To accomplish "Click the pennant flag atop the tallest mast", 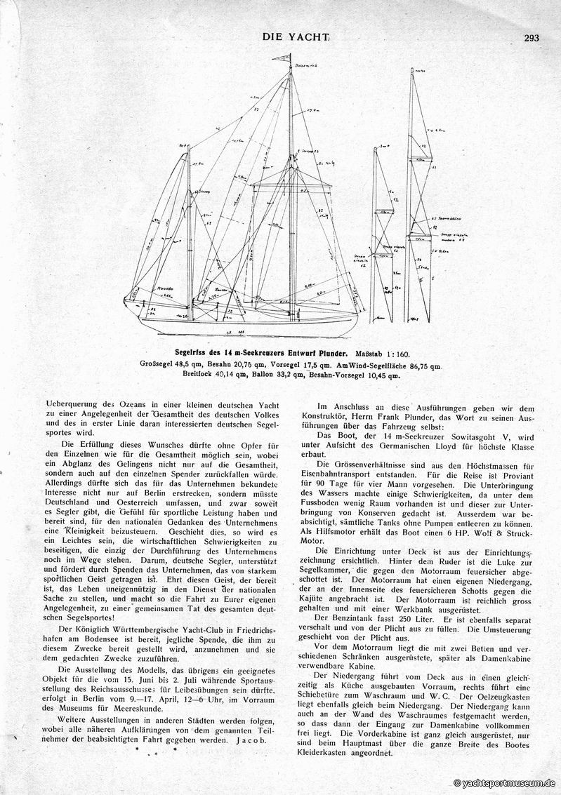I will pos(286,58).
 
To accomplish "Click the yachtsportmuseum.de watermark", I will pos(506,783).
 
